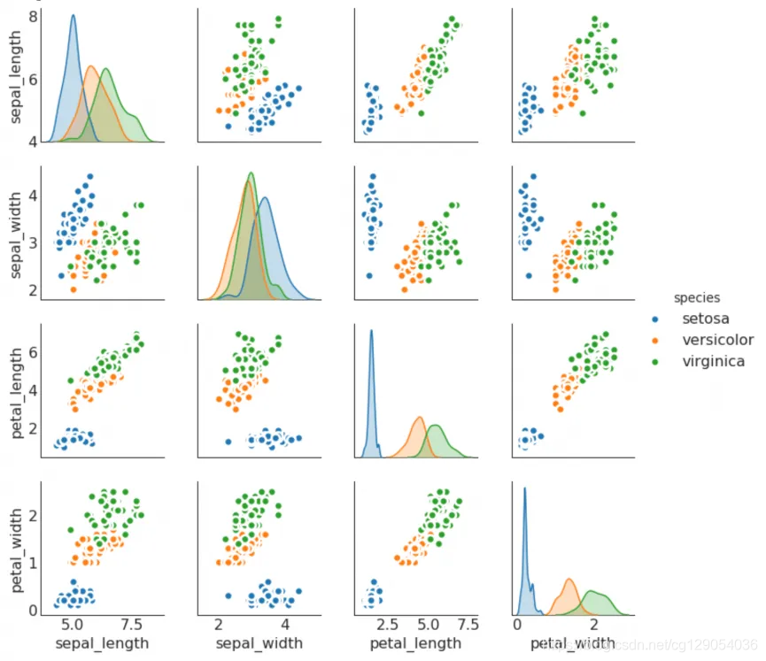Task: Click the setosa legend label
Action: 706,319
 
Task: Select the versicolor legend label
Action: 717,340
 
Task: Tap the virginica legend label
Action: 713,361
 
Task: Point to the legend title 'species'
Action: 696,298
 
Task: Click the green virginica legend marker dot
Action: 655,361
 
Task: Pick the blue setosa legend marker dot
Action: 655,319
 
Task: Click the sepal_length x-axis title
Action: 103,642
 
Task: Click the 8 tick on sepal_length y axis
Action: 33,17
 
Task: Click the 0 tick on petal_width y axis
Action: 33,610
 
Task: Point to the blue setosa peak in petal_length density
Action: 371,331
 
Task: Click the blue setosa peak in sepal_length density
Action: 73,16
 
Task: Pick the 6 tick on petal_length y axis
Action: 33,351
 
